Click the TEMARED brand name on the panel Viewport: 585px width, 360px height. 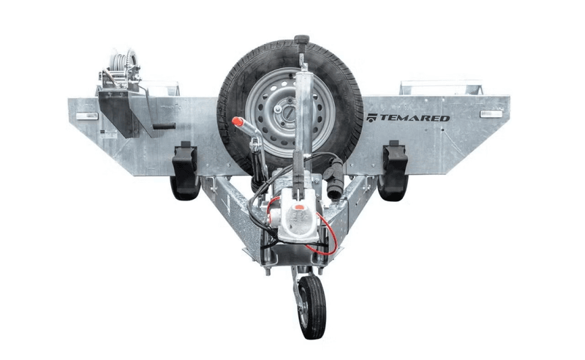[414, 117]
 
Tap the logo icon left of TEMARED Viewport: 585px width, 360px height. [372, 117]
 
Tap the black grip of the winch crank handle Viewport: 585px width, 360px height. [165, 126]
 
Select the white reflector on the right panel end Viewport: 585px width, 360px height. [491, 114]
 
